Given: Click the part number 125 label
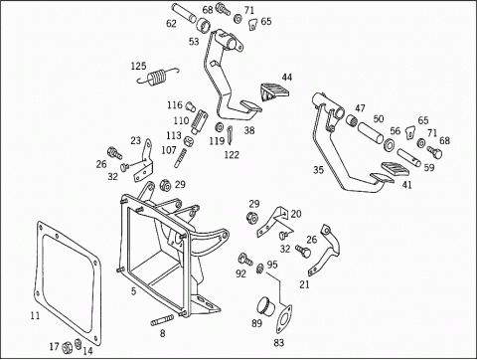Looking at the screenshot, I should tap(139, 67).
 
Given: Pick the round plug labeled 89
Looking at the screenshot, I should tap(265, 304).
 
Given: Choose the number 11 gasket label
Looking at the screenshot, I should tap(35, 315).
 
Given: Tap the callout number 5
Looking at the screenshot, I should tap(133, 291).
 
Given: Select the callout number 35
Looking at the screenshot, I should tap(318, 170).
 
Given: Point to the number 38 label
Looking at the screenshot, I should tap(248, 129).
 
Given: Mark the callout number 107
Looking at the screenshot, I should tap(169, 150).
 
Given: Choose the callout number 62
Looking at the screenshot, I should tap(171, 22).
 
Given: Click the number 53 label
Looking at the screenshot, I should tap(193, 42).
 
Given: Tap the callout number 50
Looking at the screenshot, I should tap(379, 119).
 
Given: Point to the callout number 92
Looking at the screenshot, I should tap(240, 272).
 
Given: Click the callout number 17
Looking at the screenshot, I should tap(55, 345).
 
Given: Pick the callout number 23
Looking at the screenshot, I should tap(135, 141).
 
